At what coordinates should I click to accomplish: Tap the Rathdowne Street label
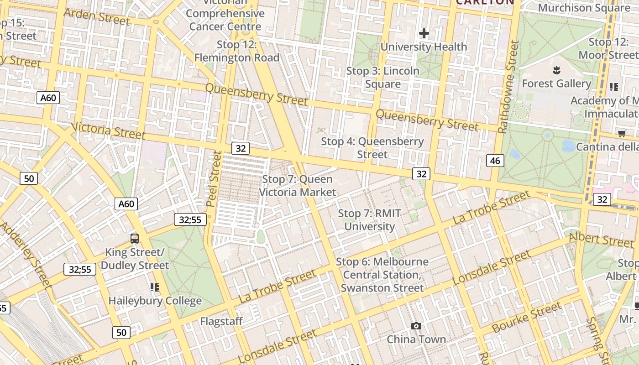[x=508, y=87]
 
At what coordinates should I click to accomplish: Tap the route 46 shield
[x=495, y=160]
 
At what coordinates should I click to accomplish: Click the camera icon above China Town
[x=416, y=326]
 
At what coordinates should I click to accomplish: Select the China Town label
[x=416, y=339]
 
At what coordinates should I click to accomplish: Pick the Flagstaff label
[x=221, y=321]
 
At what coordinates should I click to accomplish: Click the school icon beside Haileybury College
[x=155, y=287]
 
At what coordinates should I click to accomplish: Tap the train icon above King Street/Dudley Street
[x=135, y=238]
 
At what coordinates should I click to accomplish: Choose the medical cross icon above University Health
[x=424, y=33]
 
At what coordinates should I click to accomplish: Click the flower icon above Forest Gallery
[x=556, y=70]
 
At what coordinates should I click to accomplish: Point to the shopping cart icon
[x=622, y=133]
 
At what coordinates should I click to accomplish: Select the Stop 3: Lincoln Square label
[x=382, y=78]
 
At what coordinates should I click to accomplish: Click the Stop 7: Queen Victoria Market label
[x=297, y=186]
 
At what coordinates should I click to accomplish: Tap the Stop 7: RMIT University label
[x=369, y=220]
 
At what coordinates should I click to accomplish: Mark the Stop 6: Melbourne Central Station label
[x=382, y=275]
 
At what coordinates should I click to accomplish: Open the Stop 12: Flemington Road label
[x=236, y=51]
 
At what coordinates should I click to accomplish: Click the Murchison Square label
[x=584, y=8]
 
